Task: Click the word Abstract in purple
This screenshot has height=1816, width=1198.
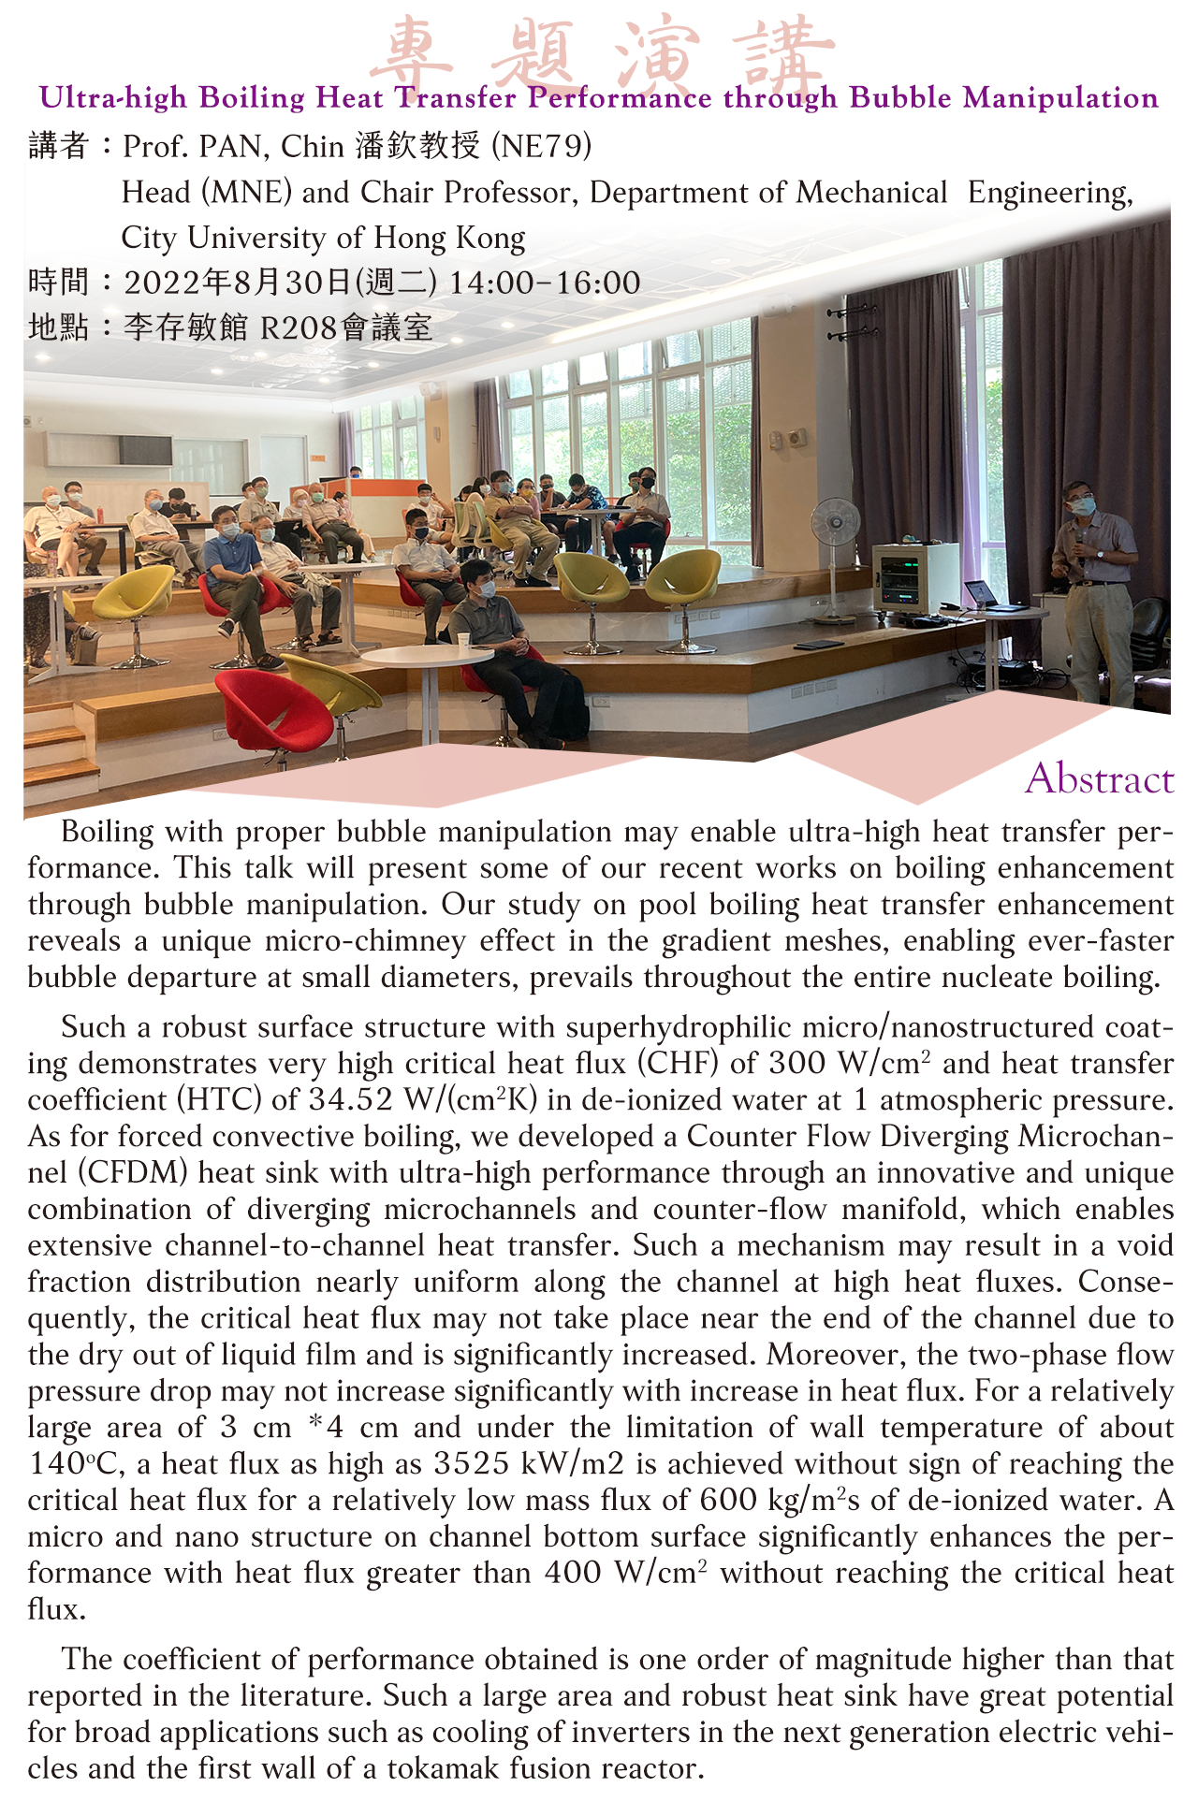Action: (1099, 779)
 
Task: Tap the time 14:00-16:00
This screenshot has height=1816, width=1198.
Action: (545, 283)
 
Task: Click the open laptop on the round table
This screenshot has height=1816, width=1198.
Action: (980, 594)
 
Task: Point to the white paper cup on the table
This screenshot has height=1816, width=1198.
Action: (462, 641)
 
